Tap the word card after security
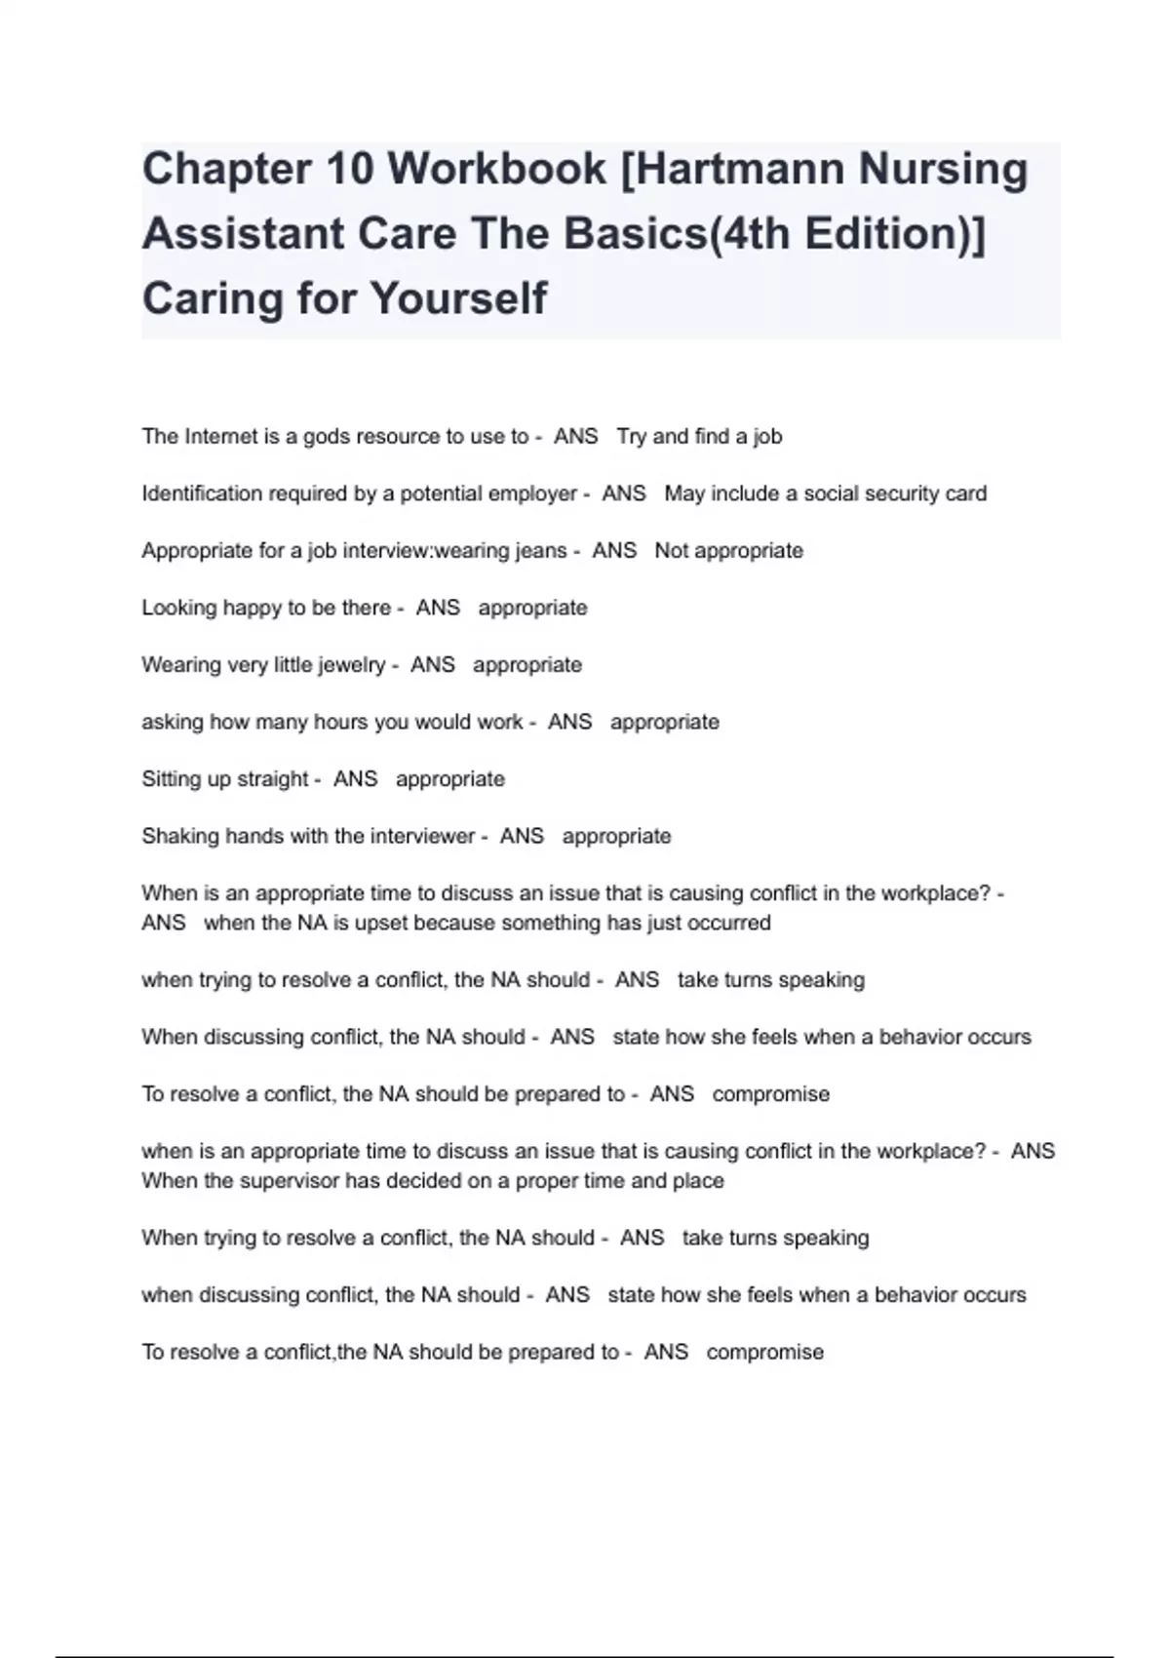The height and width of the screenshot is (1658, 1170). click(x=966, y=493)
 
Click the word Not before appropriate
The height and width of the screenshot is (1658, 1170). click(x=672, y=550)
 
